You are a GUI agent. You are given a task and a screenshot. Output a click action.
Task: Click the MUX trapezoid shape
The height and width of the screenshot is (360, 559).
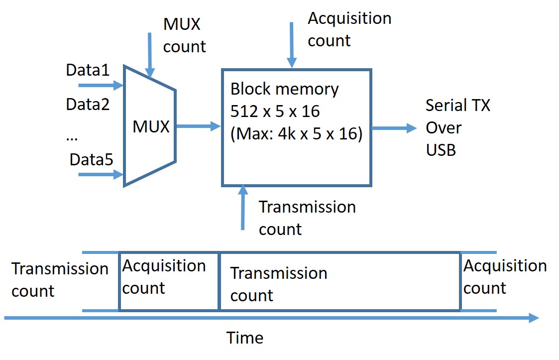pos(149,127)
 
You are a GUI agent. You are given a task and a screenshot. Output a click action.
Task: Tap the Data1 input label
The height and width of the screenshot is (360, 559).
pos(88,70)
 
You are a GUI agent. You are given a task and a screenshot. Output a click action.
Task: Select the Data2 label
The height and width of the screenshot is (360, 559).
pos(88,105)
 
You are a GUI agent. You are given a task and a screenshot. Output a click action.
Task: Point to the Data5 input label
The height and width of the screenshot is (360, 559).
pos(91,159)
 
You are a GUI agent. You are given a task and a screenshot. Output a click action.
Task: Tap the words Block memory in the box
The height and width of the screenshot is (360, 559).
pos(284,89)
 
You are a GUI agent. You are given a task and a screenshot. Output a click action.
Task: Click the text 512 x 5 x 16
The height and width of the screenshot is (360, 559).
pos(275,112)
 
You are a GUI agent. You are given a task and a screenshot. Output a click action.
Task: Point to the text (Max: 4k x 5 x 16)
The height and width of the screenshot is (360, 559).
pos(296,134)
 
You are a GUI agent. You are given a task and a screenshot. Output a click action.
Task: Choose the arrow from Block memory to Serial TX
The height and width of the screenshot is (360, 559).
pos(394,128)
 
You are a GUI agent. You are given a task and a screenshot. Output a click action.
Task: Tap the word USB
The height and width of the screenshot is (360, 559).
pos(441,150)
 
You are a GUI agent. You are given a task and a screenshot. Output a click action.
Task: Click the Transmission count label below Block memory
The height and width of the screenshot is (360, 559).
pos(307,218)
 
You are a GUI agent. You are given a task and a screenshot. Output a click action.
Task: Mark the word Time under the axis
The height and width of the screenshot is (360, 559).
pos(245,338)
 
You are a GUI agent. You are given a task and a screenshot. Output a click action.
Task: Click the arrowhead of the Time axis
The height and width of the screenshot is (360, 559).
pos(533,318)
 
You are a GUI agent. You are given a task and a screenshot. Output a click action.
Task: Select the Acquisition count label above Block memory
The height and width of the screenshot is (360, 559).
pos(349,29)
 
